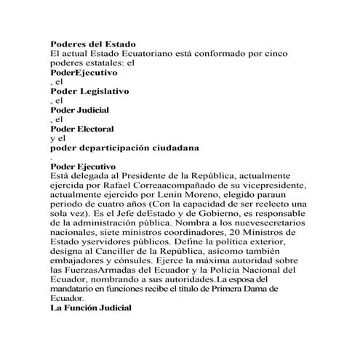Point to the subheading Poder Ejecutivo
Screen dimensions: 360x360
pyautogui.click(x=85, y=166)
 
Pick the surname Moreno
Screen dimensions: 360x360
pyautogui.click(x=209, y=194)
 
